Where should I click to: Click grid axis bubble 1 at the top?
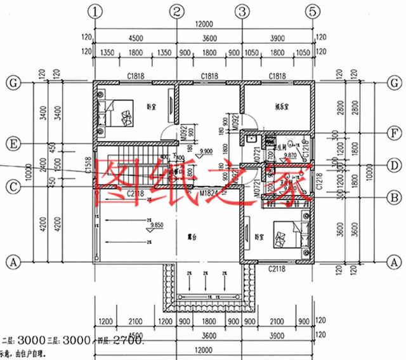95,11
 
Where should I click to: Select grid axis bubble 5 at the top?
312,11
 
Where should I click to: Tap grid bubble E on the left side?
11,144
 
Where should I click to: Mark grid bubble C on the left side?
11,187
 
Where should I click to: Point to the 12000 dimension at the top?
204,24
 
